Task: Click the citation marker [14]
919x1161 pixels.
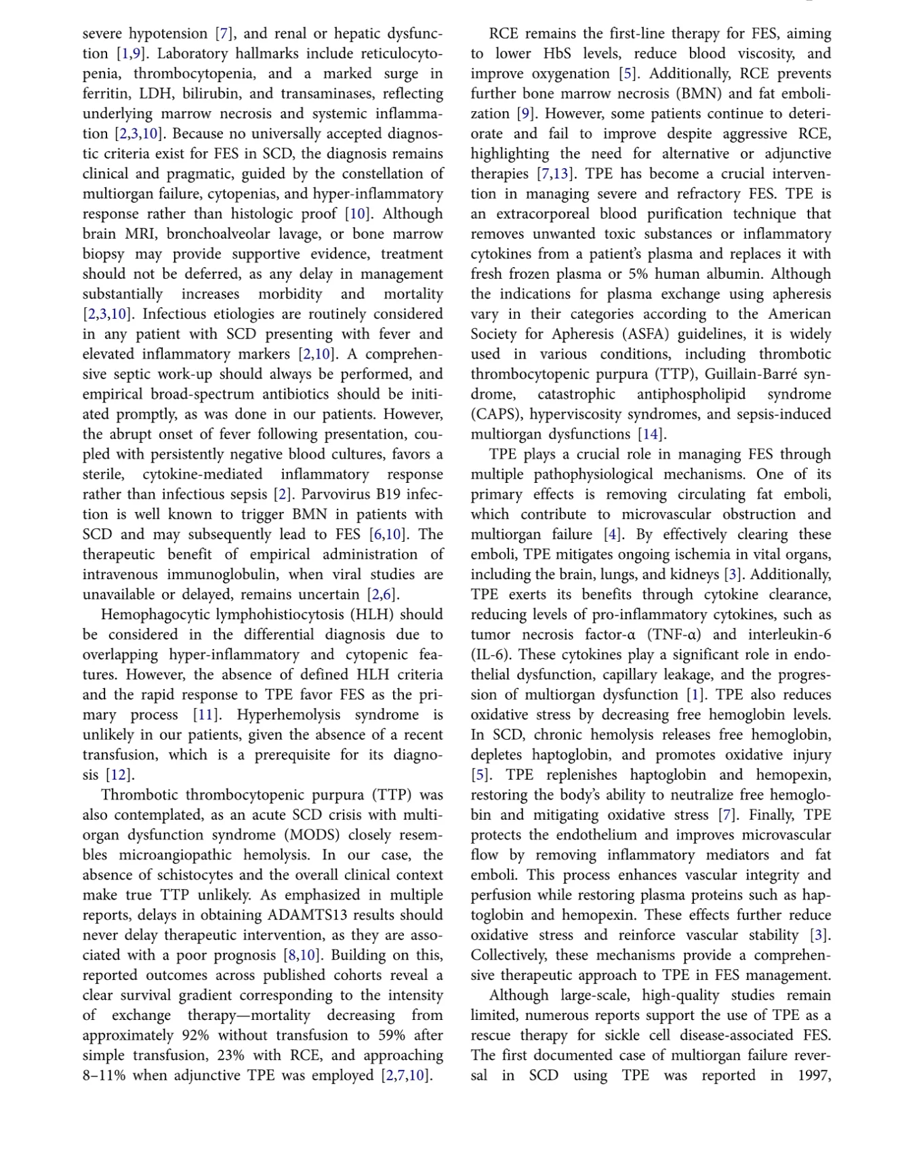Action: [651, 435]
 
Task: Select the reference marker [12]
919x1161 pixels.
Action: [120, 775]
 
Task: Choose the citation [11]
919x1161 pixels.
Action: [206, 715]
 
